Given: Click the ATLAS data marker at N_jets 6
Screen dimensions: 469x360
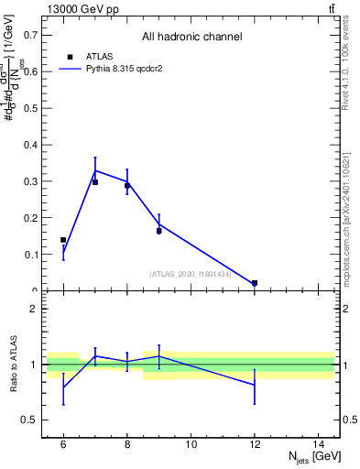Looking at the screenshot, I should tap(63, 240).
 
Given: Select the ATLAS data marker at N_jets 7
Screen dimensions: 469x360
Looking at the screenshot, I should tap(95, 182).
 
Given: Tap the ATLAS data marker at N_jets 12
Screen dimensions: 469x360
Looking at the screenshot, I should tap(255, 283).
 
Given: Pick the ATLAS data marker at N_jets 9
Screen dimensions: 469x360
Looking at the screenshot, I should tap(159, 231).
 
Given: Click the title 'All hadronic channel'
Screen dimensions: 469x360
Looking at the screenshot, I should tap(191, 38).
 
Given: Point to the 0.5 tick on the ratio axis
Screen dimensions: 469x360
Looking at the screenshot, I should tap(33, 420).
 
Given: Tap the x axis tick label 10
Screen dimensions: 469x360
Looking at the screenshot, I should tap(191, 444).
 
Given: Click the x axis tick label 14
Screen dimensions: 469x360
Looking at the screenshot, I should tap(319, 444).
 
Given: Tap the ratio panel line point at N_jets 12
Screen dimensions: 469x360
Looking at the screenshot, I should tap(255, 385).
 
